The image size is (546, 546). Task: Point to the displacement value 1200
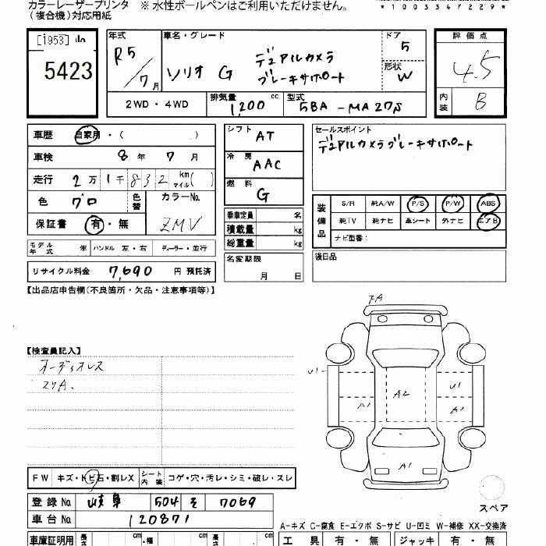tap(249, 106)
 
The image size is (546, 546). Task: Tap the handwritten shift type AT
tap(264, 136)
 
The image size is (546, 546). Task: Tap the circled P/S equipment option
tap(418, 203)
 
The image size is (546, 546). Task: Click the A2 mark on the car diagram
tap(401, 395)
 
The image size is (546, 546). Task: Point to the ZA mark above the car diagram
tap(375, 300)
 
